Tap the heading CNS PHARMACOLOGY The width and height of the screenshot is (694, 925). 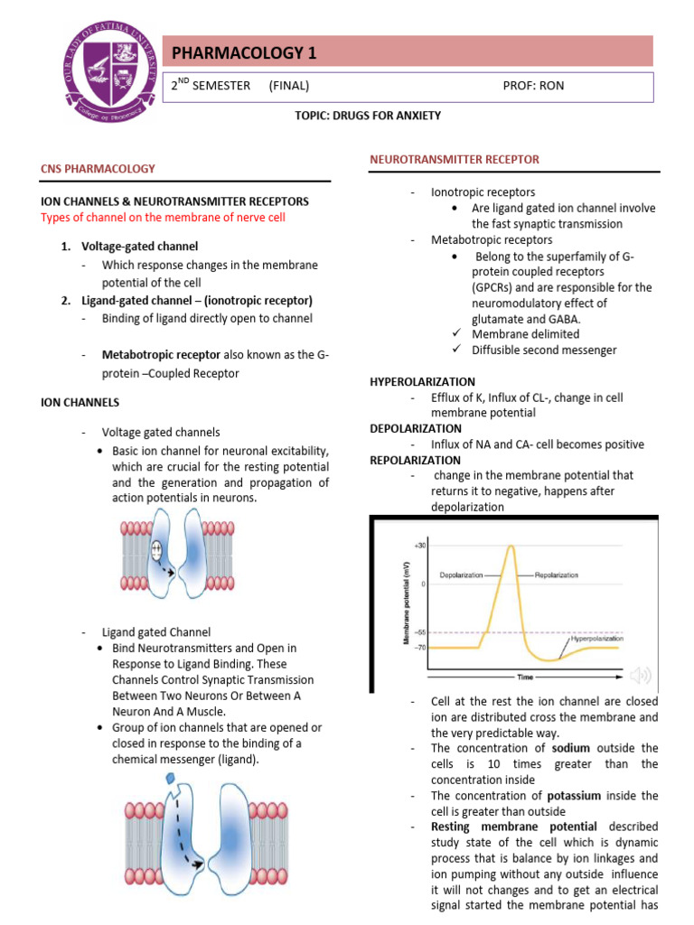tap(98, 168)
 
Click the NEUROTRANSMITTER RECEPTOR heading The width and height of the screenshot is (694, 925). tap(455, 159)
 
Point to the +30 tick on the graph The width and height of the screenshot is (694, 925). tap(420, 547)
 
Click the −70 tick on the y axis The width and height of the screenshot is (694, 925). tap(420, 647)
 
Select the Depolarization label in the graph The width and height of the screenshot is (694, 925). tap(461, 575)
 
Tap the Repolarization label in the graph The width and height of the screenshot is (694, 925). tap(557, 575)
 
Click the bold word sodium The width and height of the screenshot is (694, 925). tap(570, 748)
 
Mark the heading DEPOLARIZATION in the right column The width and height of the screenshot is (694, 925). tap(416, 428)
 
